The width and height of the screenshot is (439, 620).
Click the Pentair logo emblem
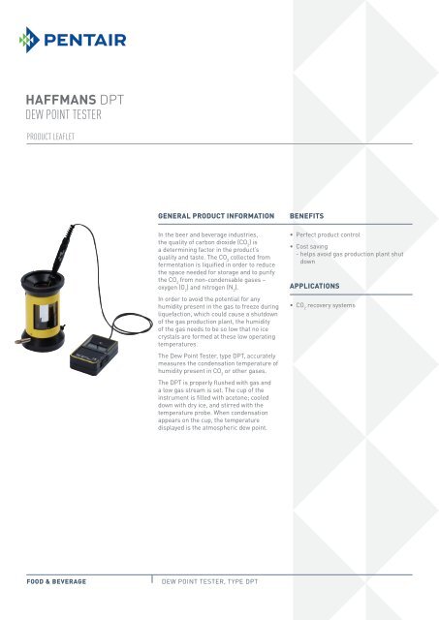coord(31,41)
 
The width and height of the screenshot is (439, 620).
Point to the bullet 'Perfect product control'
coord(334,236)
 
